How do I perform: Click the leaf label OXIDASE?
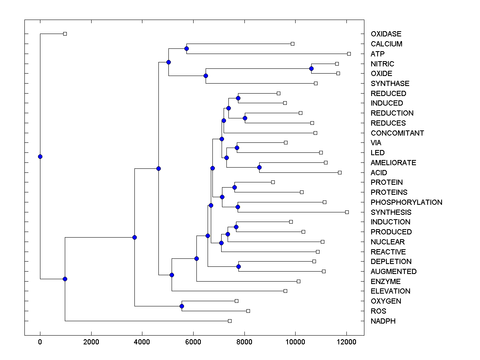[386, 34]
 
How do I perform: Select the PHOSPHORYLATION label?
[406, 202]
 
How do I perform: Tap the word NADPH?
[383, 321]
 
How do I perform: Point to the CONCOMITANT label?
[397, 133]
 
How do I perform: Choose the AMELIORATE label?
[393, 163]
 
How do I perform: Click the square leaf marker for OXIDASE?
[65, 34]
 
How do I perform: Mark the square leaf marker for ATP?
[349, 54]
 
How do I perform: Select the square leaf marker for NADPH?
[230, 321]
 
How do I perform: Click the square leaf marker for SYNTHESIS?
[347, 212]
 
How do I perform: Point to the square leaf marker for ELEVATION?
[285, 291]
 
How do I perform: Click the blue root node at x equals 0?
[40, 156]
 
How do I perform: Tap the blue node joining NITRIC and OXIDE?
[311, 69]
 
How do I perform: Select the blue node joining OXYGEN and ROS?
[182, 306]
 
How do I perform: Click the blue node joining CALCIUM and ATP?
[186, 49]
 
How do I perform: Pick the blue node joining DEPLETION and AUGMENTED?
[238, 266]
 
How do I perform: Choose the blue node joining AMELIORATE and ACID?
[259, 168]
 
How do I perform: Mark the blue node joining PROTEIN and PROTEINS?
[234, 187]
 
